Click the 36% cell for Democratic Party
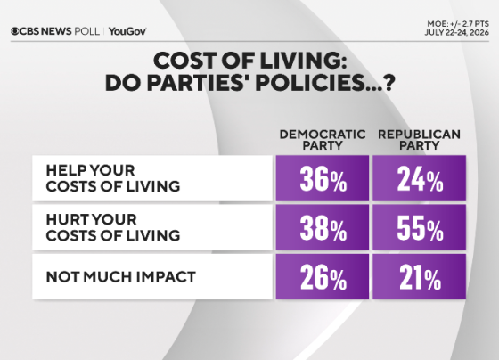click(x=323, y=178)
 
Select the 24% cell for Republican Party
click(x=420, y=178)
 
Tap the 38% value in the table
click(x=323, y=227)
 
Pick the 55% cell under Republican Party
click(x=420, y=227)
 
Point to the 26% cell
click(x=323, y=276)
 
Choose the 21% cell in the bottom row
click(x=420, y=276)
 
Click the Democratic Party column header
click(x=323, y=140)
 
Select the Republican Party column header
click(x=419, y=140)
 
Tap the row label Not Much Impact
click(x=120, y=277)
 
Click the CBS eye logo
click(x=15, y=31)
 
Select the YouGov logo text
click(x=127, y=31)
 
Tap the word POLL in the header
click(x=86, y=31)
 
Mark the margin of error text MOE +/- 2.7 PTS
click(x=458, y=24)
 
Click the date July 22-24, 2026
click(x=456, y=32)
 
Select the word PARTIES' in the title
click(x=198, y=83)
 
